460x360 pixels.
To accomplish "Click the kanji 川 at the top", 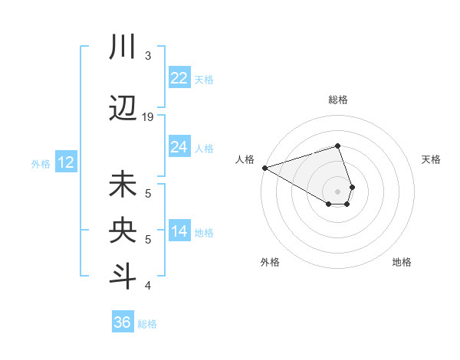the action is (123, 48).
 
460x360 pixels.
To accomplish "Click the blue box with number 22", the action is (179, 78).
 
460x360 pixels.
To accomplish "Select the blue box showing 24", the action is (179, 147).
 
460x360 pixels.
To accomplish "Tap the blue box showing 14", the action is (179, 232).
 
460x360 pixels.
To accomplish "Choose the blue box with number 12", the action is (66, 162).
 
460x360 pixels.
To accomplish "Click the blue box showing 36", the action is (123, 322).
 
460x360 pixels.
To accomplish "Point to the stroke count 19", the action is (148, 116).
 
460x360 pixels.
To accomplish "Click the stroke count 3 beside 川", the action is (148, 55).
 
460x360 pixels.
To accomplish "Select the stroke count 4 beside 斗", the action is (148, 286).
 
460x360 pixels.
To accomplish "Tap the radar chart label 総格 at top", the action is (337, 100).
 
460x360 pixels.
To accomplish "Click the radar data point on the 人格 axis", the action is (264, 167).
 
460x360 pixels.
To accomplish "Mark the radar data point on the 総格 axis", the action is (337, 146).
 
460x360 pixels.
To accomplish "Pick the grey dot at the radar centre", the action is (337, 191).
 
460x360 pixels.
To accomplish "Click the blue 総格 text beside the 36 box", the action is (147, 324).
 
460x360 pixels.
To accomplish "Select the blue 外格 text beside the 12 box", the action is (41, 163).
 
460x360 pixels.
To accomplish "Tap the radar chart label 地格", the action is (402, 262).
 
